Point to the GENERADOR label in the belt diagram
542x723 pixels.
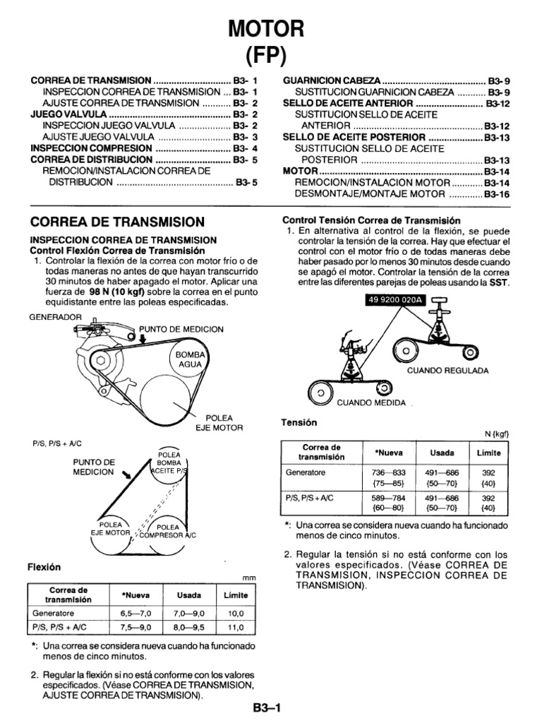pyautogui.click(x=55, y=318)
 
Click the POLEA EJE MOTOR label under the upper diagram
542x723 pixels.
pyautogui.click(x=219, y=422)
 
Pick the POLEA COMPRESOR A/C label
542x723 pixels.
pyautogui.click(x=167, y=531)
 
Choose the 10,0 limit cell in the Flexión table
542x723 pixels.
pyautogui.click(x=235, y=614)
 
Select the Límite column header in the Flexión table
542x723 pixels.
pyautogui.click(x=235, y=594)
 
